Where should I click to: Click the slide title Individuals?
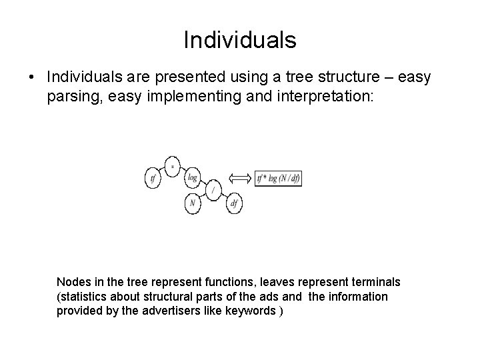(240, 40)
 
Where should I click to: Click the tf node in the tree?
(154, 177)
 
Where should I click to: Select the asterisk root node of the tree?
(173, 165)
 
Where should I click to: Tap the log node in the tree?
(193, 177)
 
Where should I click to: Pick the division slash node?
(213, 190)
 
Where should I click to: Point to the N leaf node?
(193, 204)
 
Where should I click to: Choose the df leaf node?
(234, 204)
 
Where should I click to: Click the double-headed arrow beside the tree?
(238, 178)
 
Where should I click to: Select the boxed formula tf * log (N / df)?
(279, 178)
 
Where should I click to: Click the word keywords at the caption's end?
(250, 311)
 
